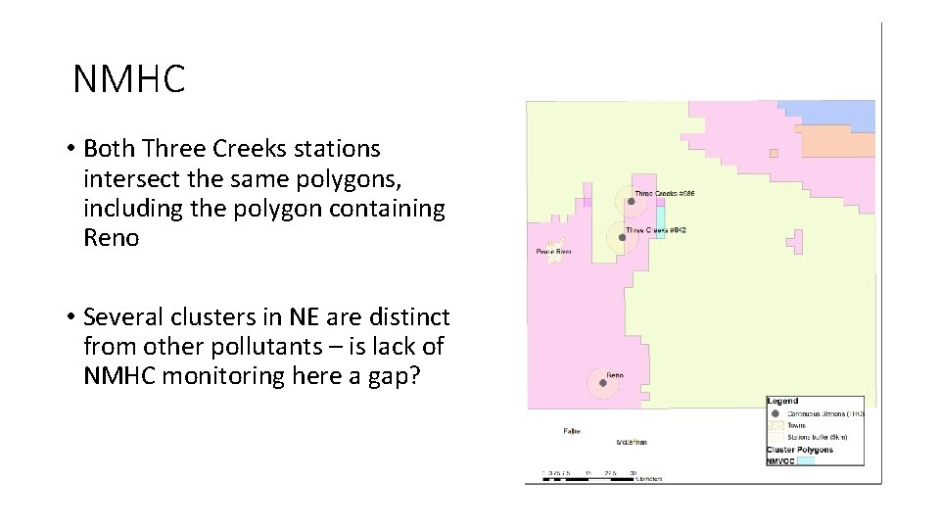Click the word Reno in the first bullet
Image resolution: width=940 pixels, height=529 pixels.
(112, 238)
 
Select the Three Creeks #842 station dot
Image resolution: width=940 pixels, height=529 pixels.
(622, 237)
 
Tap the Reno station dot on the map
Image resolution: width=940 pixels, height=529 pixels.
(602, 383)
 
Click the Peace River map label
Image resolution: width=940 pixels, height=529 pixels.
(553, 252)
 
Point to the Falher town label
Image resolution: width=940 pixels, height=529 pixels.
(572, 430)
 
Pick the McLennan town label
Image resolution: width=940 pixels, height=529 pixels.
(632, 443)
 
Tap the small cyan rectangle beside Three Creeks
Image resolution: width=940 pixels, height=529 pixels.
(661, 220)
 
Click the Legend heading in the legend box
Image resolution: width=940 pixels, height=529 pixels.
(782, 401)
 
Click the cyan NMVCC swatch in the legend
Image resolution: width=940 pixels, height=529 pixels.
(805, 460)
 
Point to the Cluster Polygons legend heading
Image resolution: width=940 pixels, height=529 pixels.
(799, 450)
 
